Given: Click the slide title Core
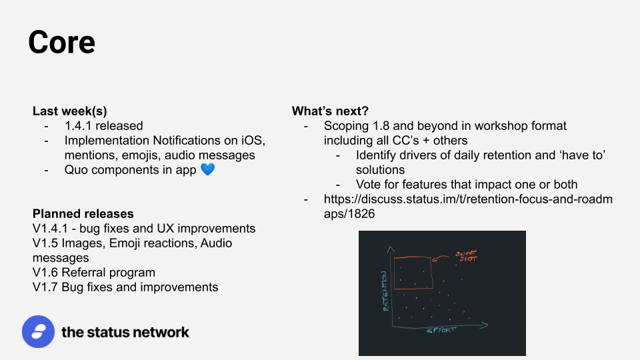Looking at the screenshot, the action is pos(61,42).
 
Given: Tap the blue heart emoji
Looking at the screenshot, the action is pos(208,169).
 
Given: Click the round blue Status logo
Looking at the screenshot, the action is pos(39,331).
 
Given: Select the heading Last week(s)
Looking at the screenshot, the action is pos(70,111).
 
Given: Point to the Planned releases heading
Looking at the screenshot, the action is pos(83,214).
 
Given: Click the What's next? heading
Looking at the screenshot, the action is pos(330,111).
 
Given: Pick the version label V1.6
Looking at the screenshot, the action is pos(46,272).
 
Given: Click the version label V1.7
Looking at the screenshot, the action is pos(46,287).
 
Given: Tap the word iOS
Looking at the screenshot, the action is pos(253,141).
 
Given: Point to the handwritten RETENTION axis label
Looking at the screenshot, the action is pos(385,291).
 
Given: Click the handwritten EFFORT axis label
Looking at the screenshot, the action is pos(441,330).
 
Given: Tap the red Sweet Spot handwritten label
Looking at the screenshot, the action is pos(466,256).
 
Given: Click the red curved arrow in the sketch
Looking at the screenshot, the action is pos(440,257).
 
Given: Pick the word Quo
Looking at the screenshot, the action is pos(76,170).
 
